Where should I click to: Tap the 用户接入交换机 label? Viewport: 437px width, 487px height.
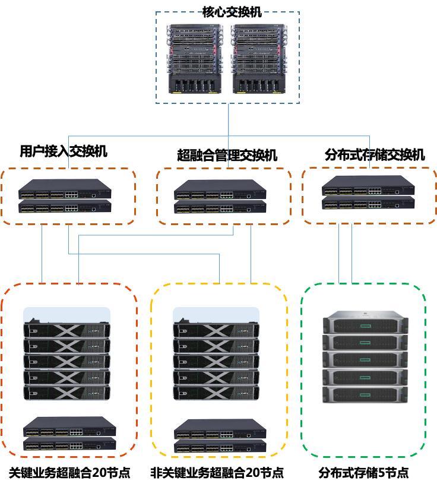[64, 151]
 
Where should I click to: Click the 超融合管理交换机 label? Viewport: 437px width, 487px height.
[227, 156]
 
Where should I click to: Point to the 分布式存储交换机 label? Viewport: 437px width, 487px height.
[375, 155]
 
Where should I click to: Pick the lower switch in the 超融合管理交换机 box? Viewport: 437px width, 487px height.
[220, 207]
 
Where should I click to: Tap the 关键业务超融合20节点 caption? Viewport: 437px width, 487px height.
[69, 473]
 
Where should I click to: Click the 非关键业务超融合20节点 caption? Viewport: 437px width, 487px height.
[217, 473]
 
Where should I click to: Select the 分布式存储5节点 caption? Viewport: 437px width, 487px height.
[363, 473]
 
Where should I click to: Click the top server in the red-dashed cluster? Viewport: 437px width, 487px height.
[66, 330]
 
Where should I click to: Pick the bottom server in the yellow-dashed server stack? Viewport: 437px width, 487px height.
[216, 393]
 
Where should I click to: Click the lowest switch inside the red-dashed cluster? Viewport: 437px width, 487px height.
[70, 445]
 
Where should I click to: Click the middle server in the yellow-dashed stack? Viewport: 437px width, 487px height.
[216, 361]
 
